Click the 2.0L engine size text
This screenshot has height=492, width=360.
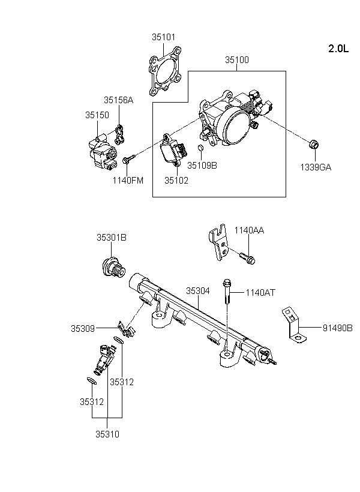(x=338, y=49)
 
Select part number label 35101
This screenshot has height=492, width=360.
(x=164, y=37)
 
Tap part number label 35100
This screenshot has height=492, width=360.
(x=237, y=59)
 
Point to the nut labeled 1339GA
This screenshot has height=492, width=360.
(x=314, y=145)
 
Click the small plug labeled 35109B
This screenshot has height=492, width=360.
(x=201, y=148)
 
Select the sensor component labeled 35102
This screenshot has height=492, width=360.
(x=173, y=149)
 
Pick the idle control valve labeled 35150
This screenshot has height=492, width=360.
(x=103, y=152)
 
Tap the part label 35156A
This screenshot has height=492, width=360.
(x=119, y=100)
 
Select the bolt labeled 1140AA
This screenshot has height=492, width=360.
(x=247, y=257)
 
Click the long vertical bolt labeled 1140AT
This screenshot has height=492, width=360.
(x=227, y=292)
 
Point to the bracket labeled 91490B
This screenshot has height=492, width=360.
(x=294, y=325)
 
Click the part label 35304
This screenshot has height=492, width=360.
(x=198, y=291)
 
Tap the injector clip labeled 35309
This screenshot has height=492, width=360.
(x=127, y=329)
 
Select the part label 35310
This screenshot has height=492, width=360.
(x=107, y=434)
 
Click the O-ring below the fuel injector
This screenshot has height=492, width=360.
(x=91, y=381)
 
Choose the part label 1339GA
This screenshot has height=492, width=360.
(x=316, y=167)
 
